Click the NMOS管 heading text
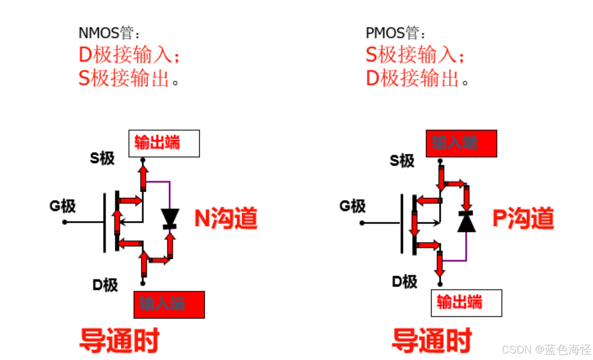[108, 33]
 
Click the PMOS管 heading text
[395, 33]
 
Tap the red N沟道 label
[226, 218]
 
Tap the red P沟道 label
[523, 218]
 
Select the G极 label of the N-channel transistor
[63, 206]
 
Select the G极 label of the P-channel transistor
[352, 206]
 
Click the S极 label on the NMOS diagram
[102, 158]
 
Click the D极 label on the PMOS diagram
[404, 282]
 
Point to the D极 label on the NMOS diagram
[105, 285]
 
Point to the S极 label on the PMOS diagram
[402, 161]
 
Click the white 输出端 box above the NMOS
[164, 144]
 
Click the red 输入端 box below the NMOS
[169, 305]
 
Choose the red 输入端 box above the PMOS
[461, 144]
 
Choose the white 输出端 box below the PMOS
[466, 303]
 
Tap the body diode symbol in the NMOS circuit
[170, 218]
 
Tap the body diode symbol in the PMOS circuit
[466, 221]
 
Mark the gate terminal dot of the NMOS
[65, 222]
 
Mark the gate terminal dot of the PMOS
[362, 223]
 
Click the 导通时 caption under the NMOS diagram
[119, 340]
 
